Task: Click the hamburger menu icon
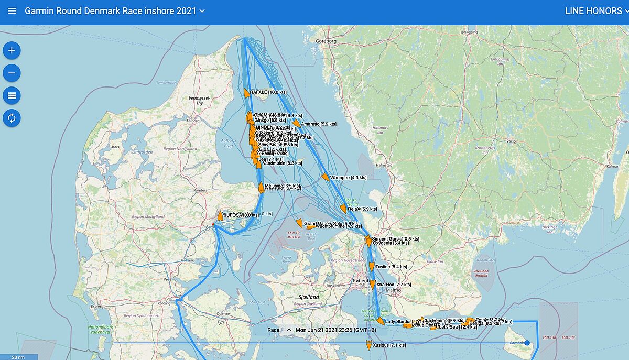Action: click(x=12, y=11)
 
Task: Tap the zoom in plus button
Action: click(x=12, y=51)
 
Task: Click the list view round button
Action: click(x=12, y=95)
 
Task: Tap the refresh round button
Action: click(x=12, y=118)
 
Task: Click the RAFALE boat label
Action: click(x=268, y=92)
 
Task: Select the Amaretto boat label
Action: click(x=319, y=124)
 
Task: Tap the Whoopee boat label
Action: click(x=348, y=178)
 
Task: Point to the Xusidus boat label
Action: click(x=389, y=345)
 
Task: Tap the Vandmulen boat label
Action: click(x=282, y=163)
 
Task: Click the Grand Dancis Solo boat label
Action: click(x=331, y=224)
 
